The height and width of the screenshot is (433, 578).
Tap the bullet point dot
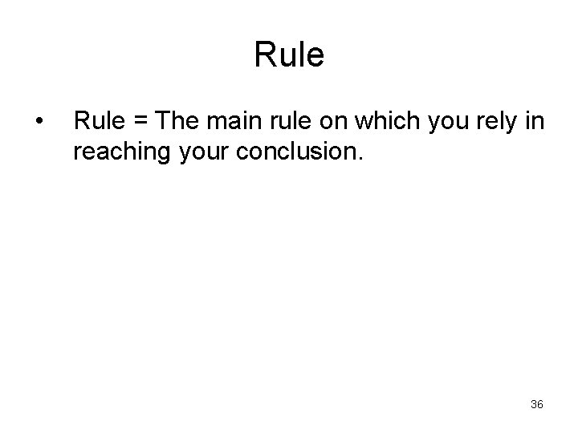tap(39, 123)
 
